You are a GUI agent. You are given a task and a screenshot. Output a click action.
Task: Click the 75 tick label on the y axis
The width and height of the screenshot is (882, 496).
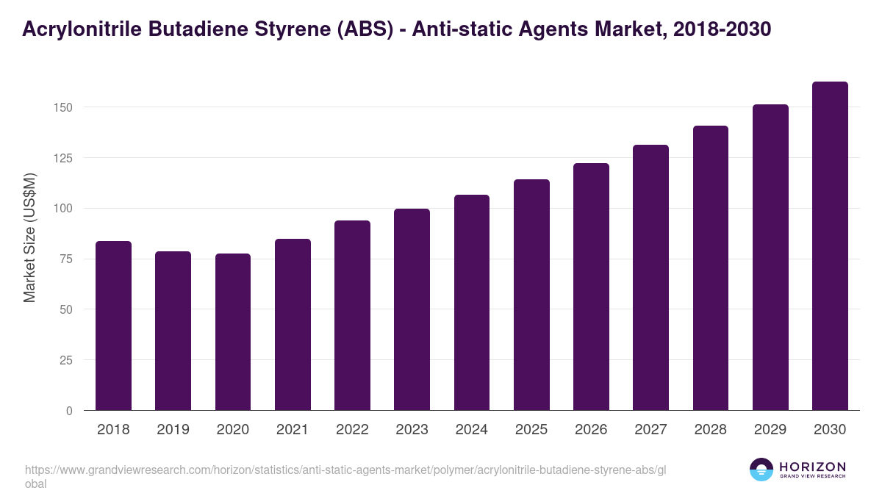pos(67,259)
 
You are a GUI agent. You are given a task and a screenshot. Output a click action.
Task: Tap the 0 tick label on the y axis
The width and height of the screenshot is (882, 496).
pos(70,411)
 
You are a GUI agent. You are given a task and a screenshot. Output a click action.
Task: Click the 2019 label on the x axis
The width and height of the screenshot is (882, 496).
pos(173,430)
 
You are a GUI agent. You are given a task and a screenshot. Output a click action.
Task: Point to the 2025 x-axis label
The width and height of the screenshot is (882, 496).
pos(531,430)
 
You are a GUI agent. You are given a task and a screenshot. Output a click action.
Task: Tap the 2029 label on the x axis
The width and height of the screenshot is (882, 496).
pos(770,430)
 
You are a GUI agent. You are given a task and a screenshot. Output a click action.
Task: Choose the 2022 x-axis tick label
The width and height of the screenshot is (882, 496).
pos(352,430)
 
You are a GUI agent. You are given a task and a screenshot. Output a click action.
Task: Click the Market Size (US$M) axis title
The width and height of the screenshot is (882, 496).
pos(29,237)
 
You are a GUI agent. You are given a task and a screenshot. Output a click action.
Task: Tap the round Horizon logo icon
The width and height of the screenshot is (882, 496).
pos(761,470)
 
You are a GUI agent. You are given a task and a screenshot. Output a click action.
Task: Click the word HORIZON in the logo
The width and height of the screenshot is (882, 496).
pos(812,467)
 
